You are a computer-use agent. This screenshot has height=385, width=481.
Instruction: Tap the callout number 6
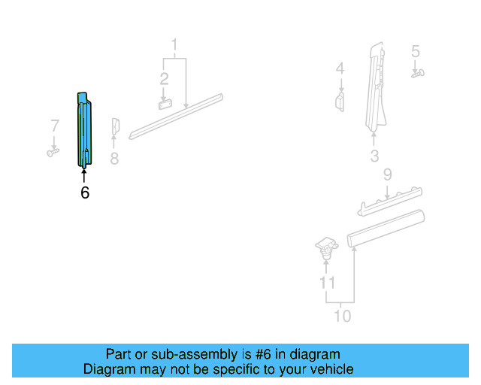point(85,193)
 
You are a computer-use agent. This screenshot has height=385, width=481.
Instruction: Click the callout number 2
point(164,78)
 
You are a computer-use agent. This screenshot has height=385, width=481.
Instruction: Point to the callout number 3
point(374,156)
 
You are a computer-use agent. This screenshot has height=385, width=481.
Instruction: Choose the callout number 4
point(340,69)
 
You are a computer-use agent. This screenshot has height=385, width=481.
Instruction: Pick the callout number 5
point(416,52)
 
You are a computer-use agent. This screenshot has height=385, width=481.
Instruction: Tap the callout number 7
point(54,125)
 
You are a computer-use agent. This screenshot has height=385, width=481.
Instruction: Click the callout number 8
point(114,159)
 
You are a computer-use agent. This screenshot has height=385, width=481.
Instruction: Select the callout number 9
point(388,175)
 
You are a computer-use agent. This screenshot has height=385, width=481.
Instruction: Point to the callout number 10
point(342,316)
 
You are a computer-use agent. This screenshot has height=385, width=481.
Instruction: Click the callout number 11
point(327,283)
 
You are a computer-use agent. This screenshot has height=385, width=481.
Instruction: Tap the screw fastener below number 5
point(418,73)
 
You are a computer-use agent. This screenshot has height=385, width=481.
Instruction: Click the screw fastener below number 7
point(53,153)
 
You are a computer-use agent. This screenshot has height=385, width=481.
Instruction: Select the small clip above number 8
point(115,127)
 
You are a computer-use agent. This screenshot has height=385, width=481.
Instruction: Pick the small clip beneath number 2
point(165,104)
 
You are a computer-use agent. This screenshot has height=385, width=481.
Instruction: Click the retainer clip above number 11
point(325,247)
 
